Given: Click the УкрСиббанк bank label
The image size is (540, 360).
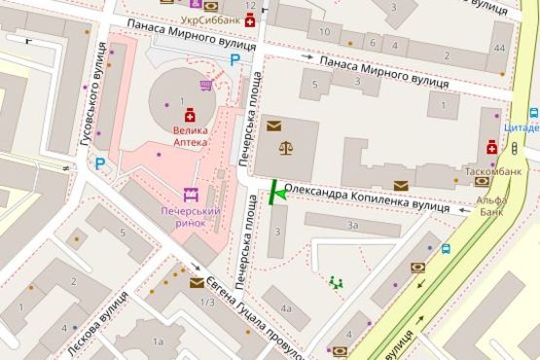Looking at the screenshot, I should pyautogui.click(x=210, y=19).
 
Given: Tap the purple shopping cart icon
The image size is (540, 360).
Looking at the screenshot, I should pyautogui.click(x=205, y=85).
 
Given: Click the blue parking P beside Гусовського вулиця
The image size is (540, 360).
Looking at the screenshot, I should pyautogui.click(x=100, y=164).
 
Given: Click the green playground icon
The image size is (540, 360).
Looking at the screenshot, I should pyautogui.click(x=337, y=282).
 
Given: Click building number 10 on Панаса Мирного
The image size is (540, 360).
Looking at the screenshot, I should pyautogui.click(x=325, y=34).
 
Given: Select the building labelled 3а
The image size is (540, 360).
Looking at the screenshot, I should pyautogui.click(x=353, y=225).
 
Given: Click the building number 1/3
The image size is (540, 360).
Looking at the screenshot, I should pyautogui.click(x=205, y=302).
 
